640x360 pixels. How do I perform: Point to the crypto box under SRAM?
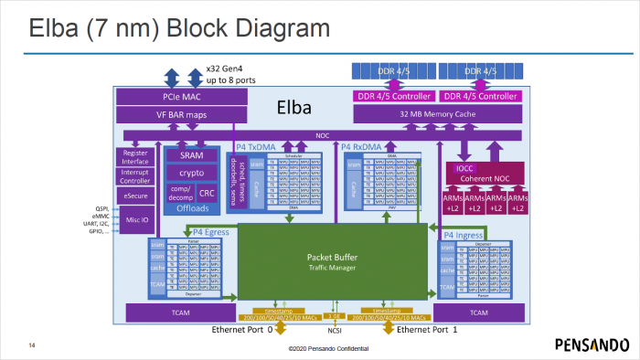[x=192, y=173]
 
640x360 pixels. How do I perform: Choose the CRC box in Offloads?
[x=208, y=193]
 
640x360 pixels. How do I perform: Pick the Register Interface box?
[x=134, y=156]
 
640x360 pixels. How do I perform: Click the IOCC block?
[x=464, y=168]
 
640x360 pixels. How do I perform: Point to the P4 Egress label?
[x=186, y=233]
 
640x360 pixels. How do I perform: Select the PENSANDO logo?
[x=592, y=344]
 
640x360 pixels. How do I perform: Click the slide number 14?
[x=32, y=345]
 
